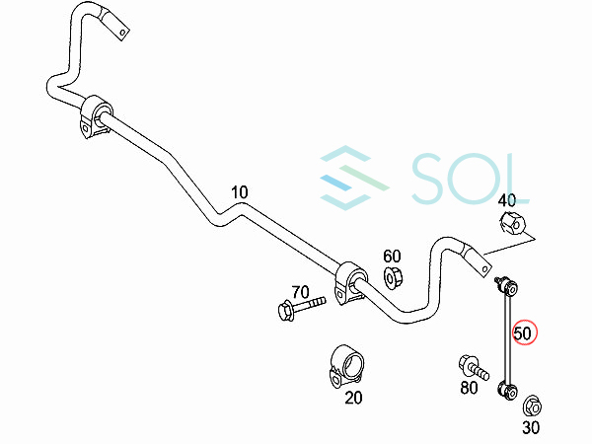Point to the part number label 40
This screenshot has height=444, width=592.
508,201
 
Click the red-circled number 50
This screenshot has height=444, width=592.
523,333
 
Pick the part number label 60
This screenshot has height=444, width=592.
392,257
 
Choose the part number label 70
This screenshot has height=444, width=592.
300,293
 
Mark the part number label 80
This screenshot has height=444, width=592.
470,389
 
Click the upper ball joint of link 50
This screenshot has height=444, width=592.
507,287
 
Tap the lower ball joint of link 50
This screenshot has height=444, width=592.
509,391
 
